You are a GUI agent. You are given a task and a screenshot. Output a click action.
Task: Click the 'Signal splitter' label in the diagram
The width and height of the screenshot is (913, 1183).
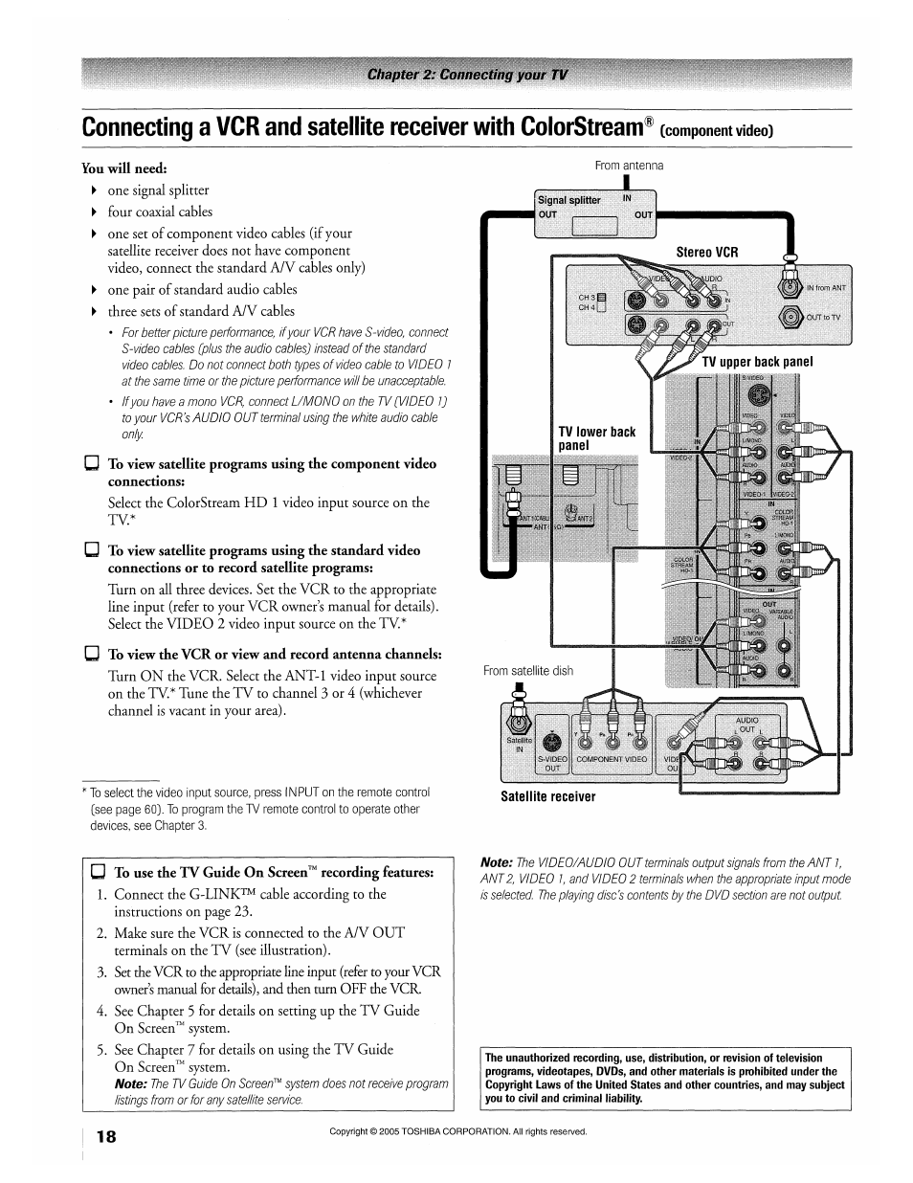click(568, 200)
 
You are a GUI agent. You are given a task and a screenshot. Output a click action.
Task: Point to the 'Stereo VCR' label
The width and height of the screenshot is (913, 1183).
click(707, 253)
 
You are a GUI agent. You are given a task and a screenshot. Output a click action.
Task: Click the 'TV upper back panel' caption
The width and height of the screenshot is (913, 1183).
click(757, 362)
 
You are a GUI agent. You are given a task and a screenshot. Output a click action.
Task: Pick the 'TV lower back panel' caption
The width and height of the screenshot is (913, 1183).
click(596, 438)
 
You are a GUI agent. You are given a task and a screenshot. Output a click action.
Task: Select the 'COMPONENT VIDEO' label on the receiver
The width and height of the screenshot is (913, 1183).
click(612, 758)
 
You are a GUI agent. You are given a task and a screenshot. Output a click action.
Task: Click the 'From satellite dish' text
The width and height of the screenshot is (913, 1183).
click(527, 671)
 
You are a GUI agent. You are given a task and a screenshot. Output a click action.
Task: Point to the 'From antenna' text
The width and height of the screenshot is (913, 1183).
click(629, 166)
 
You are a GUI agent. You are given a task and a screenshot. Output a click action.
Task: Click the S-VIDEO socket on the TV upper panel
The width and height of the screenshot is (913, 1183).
click(758, 391)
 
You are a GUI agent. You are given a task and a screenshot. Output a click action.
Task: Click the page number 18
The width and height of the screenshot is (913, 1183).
click(106, 1136)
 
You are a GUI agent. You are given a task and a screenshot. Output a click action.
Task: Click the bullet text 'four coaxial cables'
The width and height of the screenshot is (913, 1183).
click(160, 212)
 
